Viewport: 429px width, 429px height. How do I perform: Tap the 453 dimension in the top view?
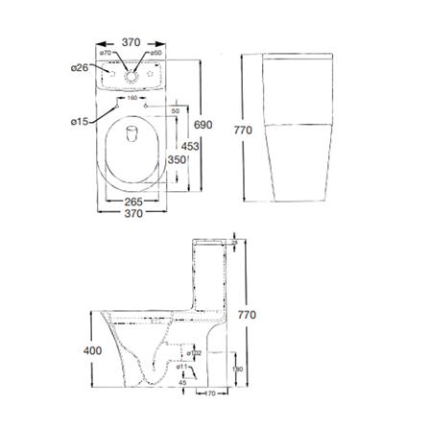coord(188,145)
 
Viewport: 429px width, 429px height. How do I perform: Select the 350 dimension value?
coord(176,160)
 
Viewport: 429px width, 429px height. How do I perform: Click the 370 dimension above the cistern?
coord(132,43)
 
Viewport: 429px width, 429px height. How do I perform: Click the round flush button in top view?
coord(134,72)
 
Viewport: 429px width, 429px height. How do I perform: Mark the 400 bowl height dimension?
coord(91,351)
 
